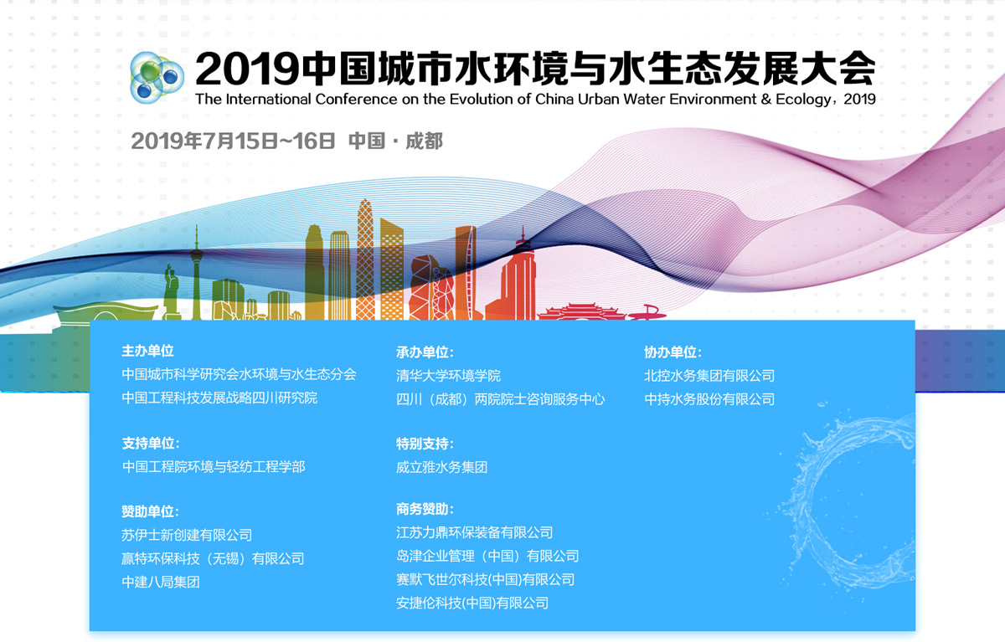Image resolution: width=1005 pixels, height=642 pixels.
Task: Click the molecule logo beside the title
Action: click(x=157, y=78)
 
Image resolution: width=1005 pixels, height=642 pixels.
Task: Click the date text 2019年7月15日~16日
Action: click(x=233, y=141)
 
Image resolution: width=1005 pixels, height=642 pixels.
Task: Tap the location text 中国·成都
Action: click(x=395, y=141)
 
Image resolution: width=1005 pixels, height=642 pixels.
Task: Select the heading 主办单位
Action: click(x=147, y=351)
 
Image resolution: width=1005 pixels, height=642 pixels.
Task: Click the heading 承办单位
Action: click(x=425, y=352)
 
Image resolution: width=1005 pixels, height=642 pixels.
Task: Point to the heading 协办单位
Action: click(x=673, y=352)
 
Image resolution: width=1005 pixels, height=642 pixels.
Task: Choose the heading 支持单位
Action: click(x=151, y=444)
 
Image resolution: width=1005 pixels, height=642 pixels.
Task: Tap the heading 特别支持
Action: click(x=425, y=444)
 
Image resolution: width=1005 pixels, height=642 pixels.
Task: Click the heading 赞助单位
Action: click(x=150, y=511)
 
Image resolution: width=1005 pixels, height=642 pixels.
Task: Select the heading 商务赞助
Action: click(x=425, y=509)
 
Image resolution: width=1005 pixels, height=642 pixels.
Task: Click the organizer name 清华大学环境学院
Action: click(x=448, y=376)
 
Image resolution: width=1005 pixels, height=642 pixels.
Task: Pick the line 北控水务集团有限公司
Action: click(x=709, y=376)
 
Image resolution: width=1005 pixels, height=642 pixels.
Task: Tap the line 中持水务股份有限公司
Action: click(x=709, y=399)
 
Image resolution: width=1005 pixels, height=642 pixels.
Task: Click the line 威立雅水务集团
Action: click(x=441, y=468)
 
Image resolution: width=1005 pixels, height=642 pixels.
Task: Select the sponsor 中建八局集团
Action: click(x=161, y=582)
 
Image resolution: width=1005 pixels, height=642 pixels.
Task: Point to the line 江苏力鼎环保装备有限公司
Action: click(x=474, y=532)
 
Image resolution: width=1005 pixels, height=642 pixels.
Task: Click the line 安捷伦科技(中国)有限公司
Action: click(x=472, y=603)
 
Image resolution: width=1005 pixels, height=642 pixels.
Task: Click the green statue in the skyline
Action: click(x=171, y=291)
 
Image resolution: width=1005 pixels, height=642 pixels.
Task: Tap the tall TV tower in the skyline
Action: click(x=197, y=274)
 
